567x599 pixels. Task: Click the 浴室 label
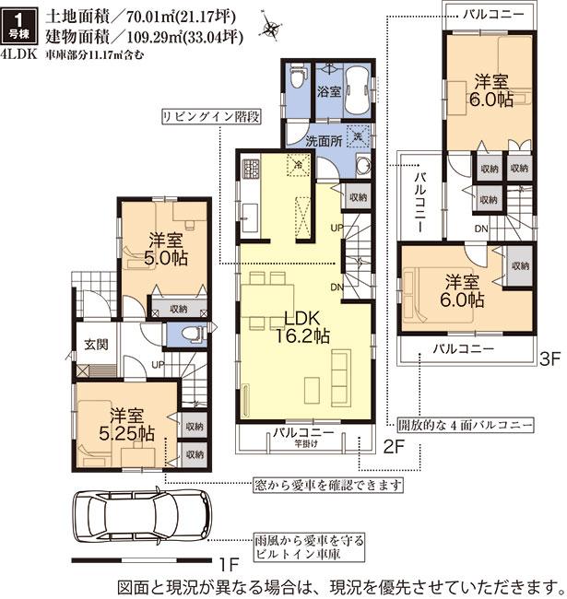pos(330,92)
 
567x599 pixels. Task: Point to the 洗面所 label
pos(324,140)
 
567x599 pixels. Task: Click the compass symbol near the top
pos(269,29)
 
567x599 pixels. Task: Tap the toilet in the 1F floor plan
pos(192,334)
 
